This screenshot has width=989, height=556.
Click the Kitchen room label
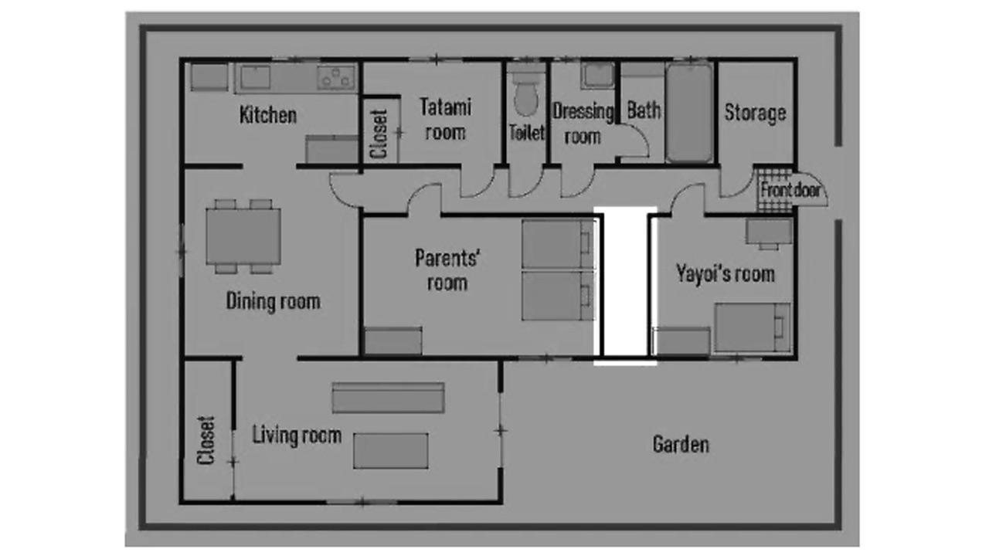pyautogui.click(x=267, y=116)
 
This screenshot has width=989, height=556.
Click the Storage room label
pyautogui.click(x=754, y=113)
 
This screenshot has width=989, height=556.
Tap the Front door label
pyautogui.click(x=790, y=190)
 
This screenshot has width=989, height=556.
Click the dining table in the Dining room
pyautogui.click(x=243, y=236)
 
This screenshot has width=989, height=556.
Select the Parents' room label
pyautogui.click(x=447, y=270)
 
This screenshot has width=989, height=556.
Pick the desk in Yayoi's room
pyautogui.click(x=769, y=232)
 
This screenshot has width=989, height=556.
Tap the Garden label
pyautogui.click(x=680, y=444)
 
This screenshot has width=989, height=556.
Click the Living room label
pyautogui.click(x=297, y=435)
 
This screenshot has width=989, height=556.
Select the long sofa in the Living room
pyautogui.click(x=388, y=397)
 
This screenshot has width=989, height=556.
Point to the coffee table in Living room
pyautogui.click(x=390, y=450)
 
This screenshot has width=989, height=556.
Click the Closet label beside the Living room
pyautogui.click(x=206, y=441)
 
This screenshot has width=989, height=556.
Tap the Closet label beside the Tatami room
pyautogui.click(x=379, y=133)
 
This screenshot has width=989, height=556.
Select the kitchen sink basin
pyautogui.click(x=253, y=77)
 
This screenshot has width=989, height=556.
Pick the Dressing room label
pyautogui.click(x=583, y=124)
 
